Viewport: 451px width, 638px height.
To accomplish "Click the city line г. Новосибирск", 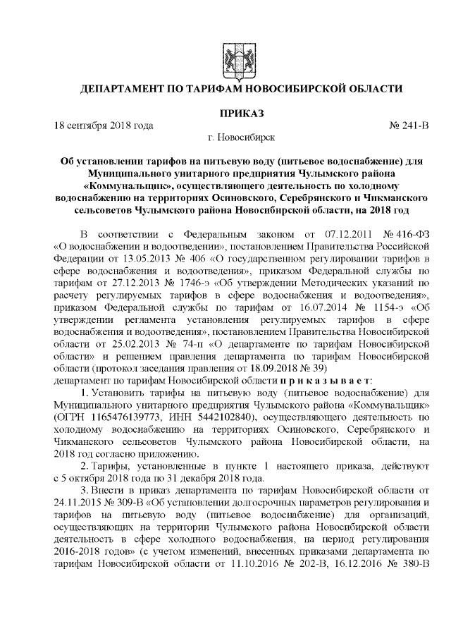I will [233, 137].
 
